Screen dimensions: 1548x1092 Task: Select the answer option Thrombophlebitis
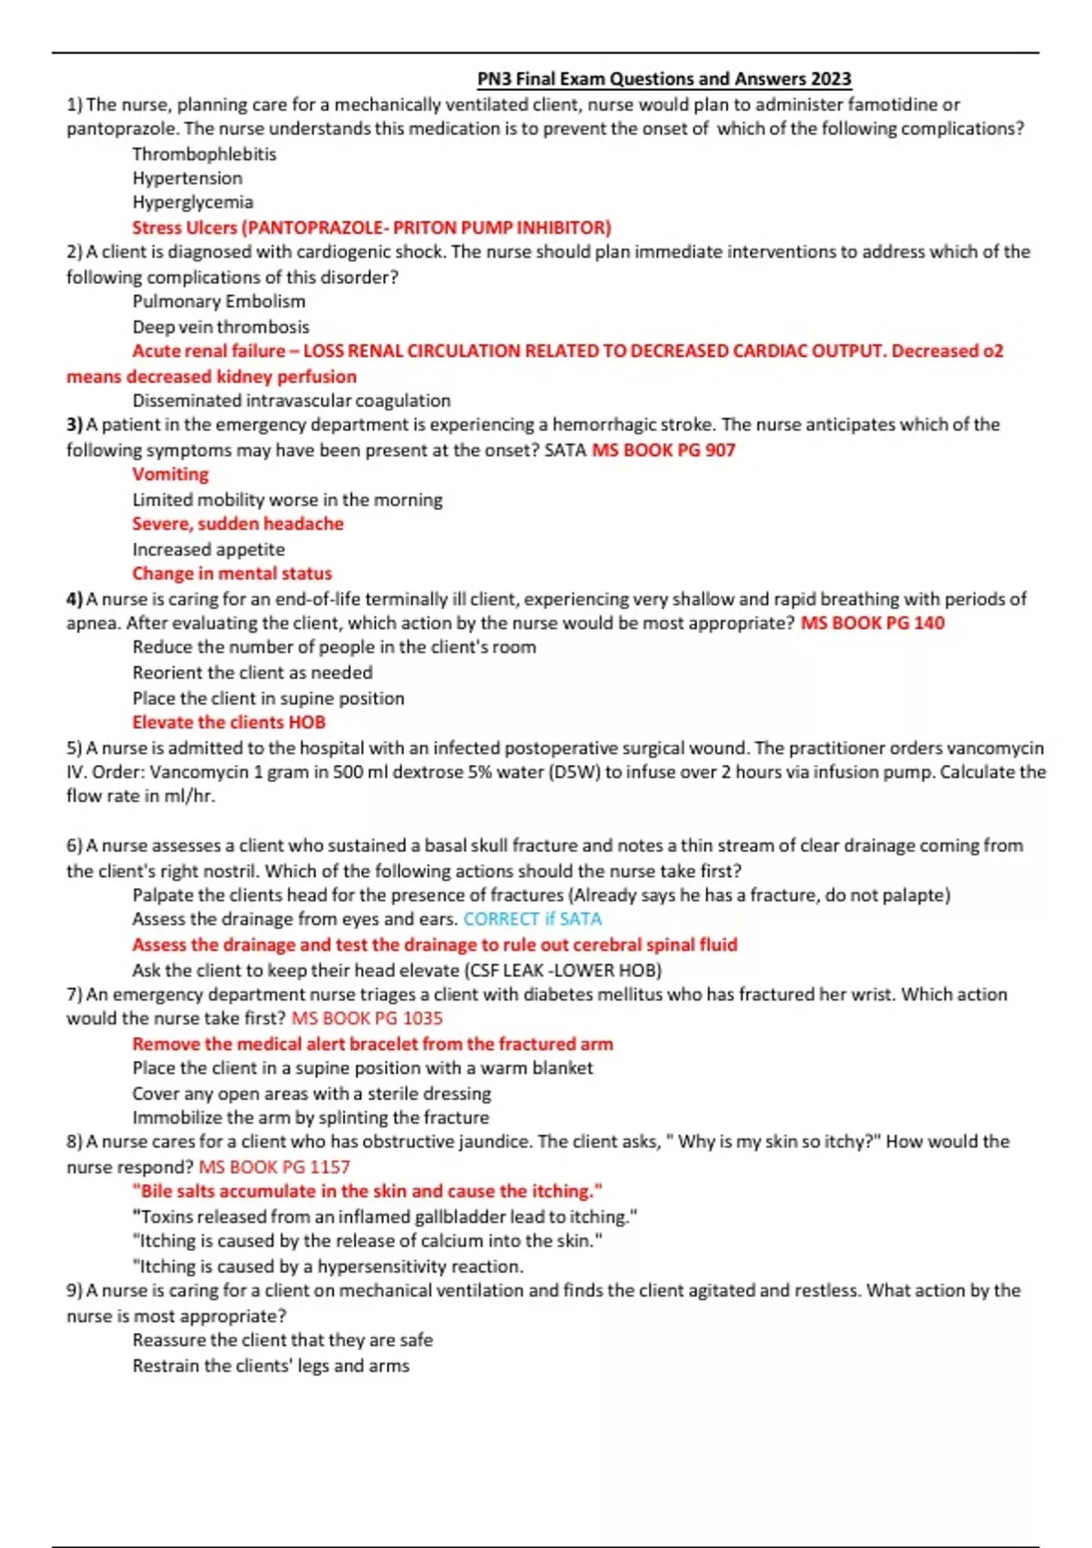coord(204,154)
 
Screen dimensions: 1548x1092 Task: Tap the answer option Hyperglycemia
coord(193,202)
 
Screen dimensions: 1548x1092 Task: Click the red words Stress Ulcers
coord(184,228)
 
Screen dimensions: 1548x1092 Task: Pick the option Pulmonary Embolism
coord(218,301)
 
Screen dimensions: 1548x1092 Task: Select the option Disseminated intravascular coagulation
coord(291,401)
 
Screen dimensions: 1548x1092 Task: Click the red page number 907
coord(720,450)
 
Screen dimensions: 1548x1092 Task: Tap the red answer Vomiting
coord(170,474)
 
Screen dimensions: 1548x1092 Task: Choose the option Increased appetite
coord(208,549)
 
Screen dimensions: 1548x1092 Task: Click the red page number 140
coord(929,623)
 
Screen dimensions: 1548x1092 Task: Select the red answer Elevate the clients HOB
coord(228,722)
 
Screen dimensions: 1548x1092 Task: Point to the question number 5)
coord(75,748)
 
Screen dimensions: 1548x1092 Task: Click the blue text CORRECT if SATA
coord(532,919)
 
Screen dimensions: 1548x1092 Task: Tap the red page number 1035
coord(421,1018)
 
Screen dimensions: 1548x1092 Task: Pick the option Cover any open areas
coord(311,1093)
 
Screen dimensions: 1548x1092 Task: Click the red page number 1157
coord(329,1167)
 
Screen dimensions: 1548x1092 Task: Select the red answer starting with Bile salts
coord(367,1191)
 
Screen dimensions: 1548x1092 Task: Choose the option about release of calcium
coord(367,1241)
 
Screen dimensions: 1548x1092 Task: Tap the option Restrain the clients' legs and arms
coord(270,1366)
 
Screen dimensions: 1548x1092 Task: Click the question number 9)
coord(75,1290)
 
